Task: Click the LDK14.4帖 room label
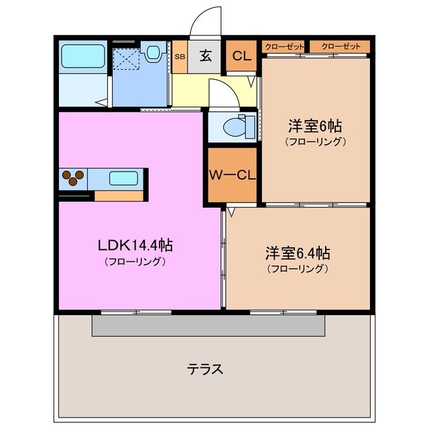point(135,245)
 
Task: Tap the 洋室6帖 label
point(316,125)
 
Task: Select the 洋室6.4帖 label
point(297,253)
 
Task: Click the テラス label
point(204,369)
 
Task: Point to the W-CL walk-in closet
point(232,176)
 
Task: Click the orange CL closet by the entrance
point(241,56)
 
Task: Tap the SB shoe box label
point(180,56)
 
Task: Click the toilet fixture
point(238,126)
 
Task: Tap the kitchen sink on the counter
point(123,178)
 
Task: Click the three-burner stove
point(73,178)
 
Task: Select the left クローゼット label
point(284,46)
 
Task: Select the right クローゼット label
point(339,46)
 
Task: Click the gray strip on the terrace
point(208,326)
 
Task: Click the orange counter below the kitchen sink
point(119,196)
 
